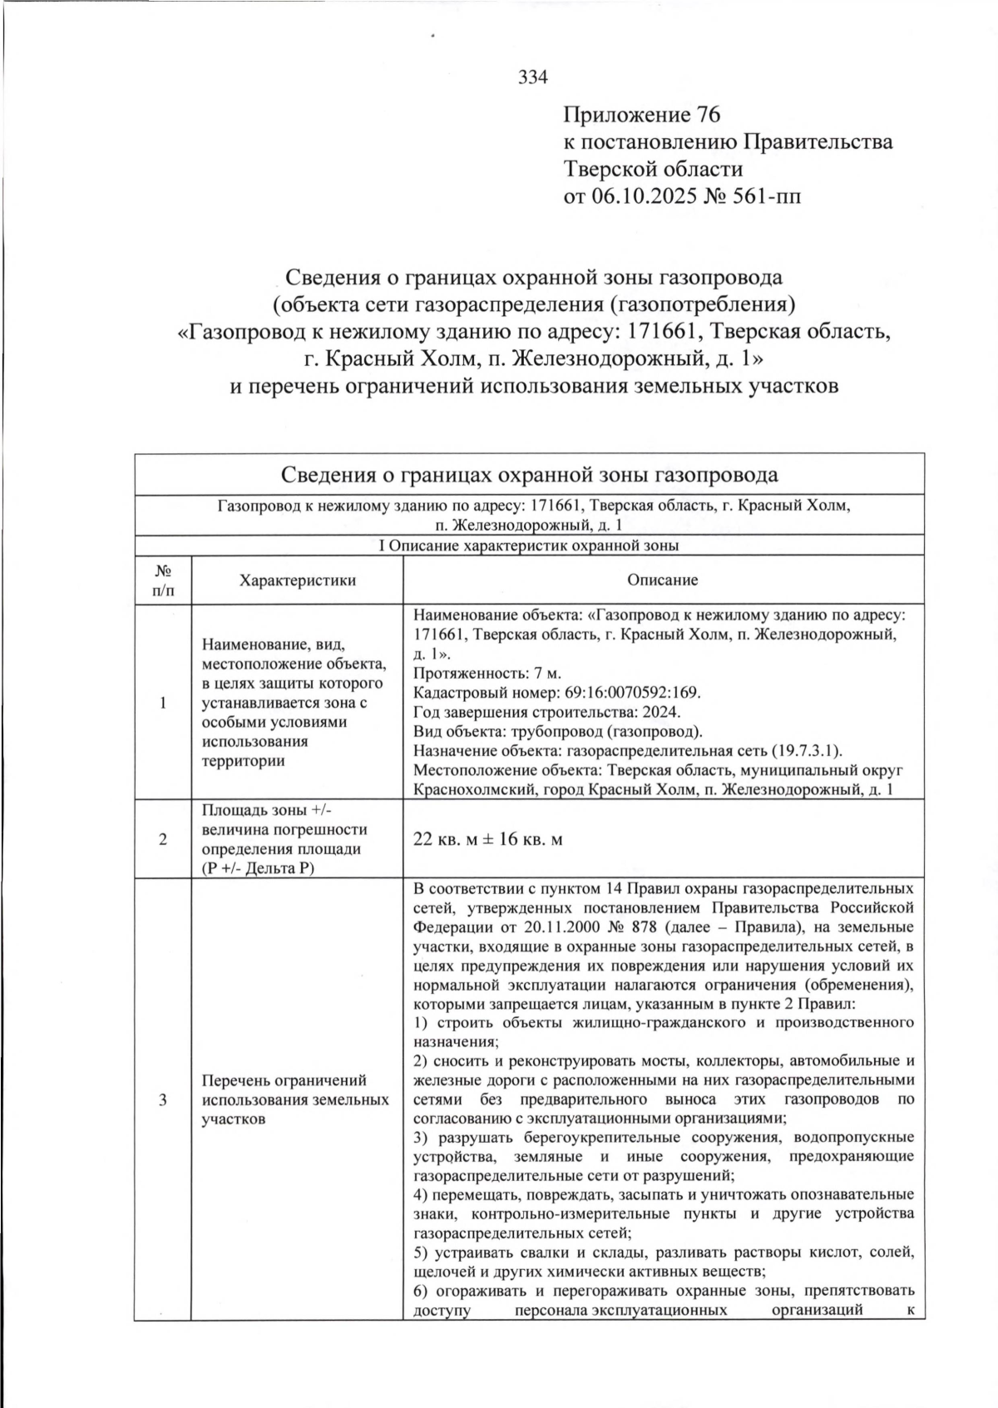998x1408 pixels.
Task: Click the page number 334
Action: [533, 78]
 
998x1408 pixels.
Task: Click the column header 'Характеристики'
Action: [297, 580]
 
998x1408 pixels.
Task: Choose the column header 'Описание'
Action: [662, 580]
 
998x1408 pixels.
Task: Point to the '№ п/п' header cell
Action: [163, 580]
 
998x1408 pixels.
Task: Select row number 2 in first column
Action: [163, 839]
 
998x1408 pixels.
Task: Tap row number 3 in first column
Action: [163, 1099]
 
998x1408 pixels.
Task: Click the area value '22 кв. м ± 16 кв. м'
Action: [488, 839]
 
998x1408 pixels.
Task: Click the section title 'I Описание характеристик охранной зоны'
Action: [528, 546]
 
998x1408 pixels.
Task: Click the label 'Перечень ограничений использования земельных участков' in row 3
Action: [295, 1099]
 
